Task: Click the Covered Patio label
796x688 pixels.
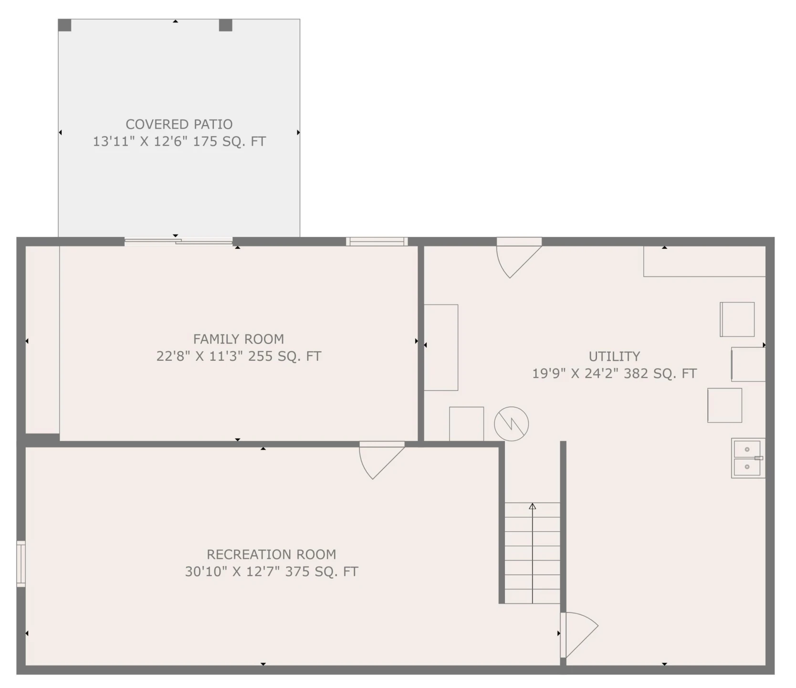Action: coord(179,124)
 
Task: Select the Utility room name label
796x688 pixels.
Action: coord(614,356)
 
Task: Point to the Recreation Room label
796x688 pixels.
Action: coord(271,554)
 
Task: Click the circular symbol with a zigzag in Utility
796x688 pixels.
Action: coord(511,424)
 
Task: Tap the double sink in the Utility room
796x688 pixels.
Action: coord(748,458)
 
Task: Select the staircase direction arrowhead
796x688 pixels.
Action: coord(533,506)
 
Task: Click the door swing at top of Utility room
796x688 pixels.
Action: coord(519,258)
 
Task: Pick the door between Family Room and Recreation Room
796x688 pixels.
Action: coord(381,461)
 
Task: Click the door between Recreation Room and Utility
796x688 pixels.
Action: coord(579,635)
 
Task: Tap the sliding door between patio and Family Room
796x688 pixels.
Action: coord(178,241)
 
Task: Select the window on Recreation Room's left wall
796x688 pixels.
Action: coord(21,563)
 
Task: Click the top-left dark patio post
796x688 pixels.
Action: coord(64,25)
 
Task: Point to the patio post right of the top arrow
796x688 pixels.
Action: coord(226,25)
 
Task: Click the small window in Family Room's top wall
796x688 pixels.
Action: coord(377,241)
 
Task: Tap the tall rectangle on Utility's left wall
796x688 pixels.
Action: coord(441,347)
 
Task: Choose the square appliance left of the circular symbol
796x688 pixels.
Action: coord(466,424)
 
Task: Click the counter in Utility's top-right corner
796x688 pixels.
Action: coord(704,261)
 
